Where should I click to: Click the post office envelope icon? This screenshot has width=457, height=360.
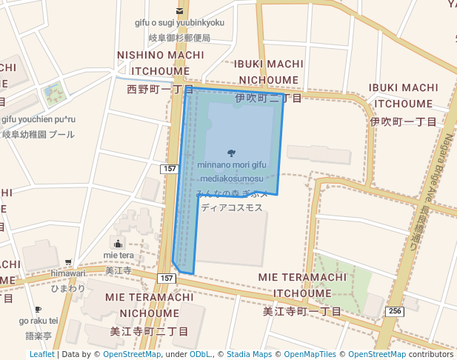pyautogui.click(x=179, y=10)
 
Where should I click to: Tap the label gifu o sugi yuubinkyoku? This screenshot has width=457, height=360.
pyautogui.click(x=179, y=23)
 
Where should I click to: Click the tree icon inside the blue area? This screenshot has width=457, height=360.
pyautogui.click(x=232, y=153)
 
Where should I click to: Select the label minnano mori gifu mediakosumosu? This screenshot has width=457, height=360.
pyautogui.click(x=231, y=172)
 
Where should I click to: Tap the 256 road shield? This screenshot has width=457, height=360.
pyautogui.click(x=395, y=312)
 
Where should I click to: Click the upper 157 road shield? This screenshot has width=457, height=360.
pyautogui.click(x=170, y=170)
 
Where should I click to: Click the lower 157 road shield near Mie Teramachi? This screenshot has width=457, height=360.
pyautogui.click(x=165, y=278)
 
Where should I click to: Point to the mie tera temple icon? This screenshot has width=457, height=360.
pyautogui.click(x=119, y=243)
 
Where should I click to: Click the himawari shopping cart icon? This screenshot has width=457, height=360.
pyautogui.click(x=68, y=262)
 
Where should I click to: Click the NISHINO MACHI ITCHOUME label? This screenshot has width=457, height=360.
pyautogui.click(x=160, y=56)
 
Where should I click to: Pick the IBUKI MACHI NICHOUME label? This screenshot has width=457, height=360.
pyautogui.click(x=269, y=70)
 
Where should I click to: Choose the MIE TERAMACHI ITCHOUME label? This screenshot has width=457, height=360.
pyautogui.click(x=302, y=284)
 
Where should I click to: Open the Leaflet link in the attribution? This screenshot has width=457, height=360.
pyautogui.click(x=41, y=354)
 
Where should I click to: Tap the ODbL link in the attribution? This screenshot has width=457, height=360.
pyautogui.click(x=201, y=354)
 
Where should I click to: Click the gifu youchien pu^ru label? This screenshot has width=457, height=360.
pyautogui.click(x=39, y=119)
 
